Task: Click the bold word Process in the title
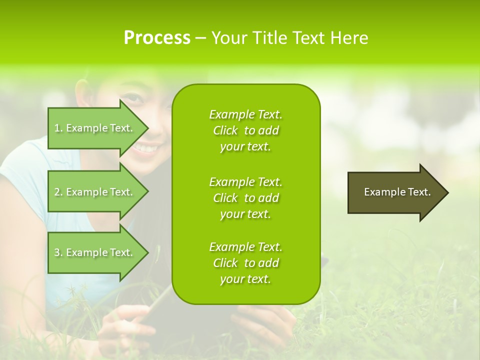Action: pyautogui.click(x=157, y=38)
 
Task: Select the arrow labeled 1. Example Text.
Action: pyautogui.click(x=95, y=128)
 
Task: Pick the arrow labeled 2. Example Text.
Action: pyautogui.click(x=95, y=192)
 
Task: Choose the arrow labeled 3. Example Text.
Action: pyautogui.click(x=95, y=252)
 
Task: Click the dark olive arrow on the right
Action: pyautogui.click(x=395, y=192)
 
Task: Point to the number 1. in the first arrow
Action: pyautogui.click(x=58, y=128)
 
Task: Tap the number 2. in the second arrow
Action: pyautogui.click(x=58, y=192)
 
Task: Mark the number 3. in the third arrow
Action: pyautogui.click(x=58, y=252)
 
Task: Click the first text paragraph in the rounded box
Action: pyautogui.click(x=245, y=130)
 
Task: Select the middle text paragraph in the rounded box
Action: pyautogui.click(x=245, y=198)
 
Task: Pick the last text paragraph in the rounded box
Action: pyautogui.click(x=245, y=263)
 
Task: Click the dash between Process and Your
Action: pyautogui.click(x=200, y=38)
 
